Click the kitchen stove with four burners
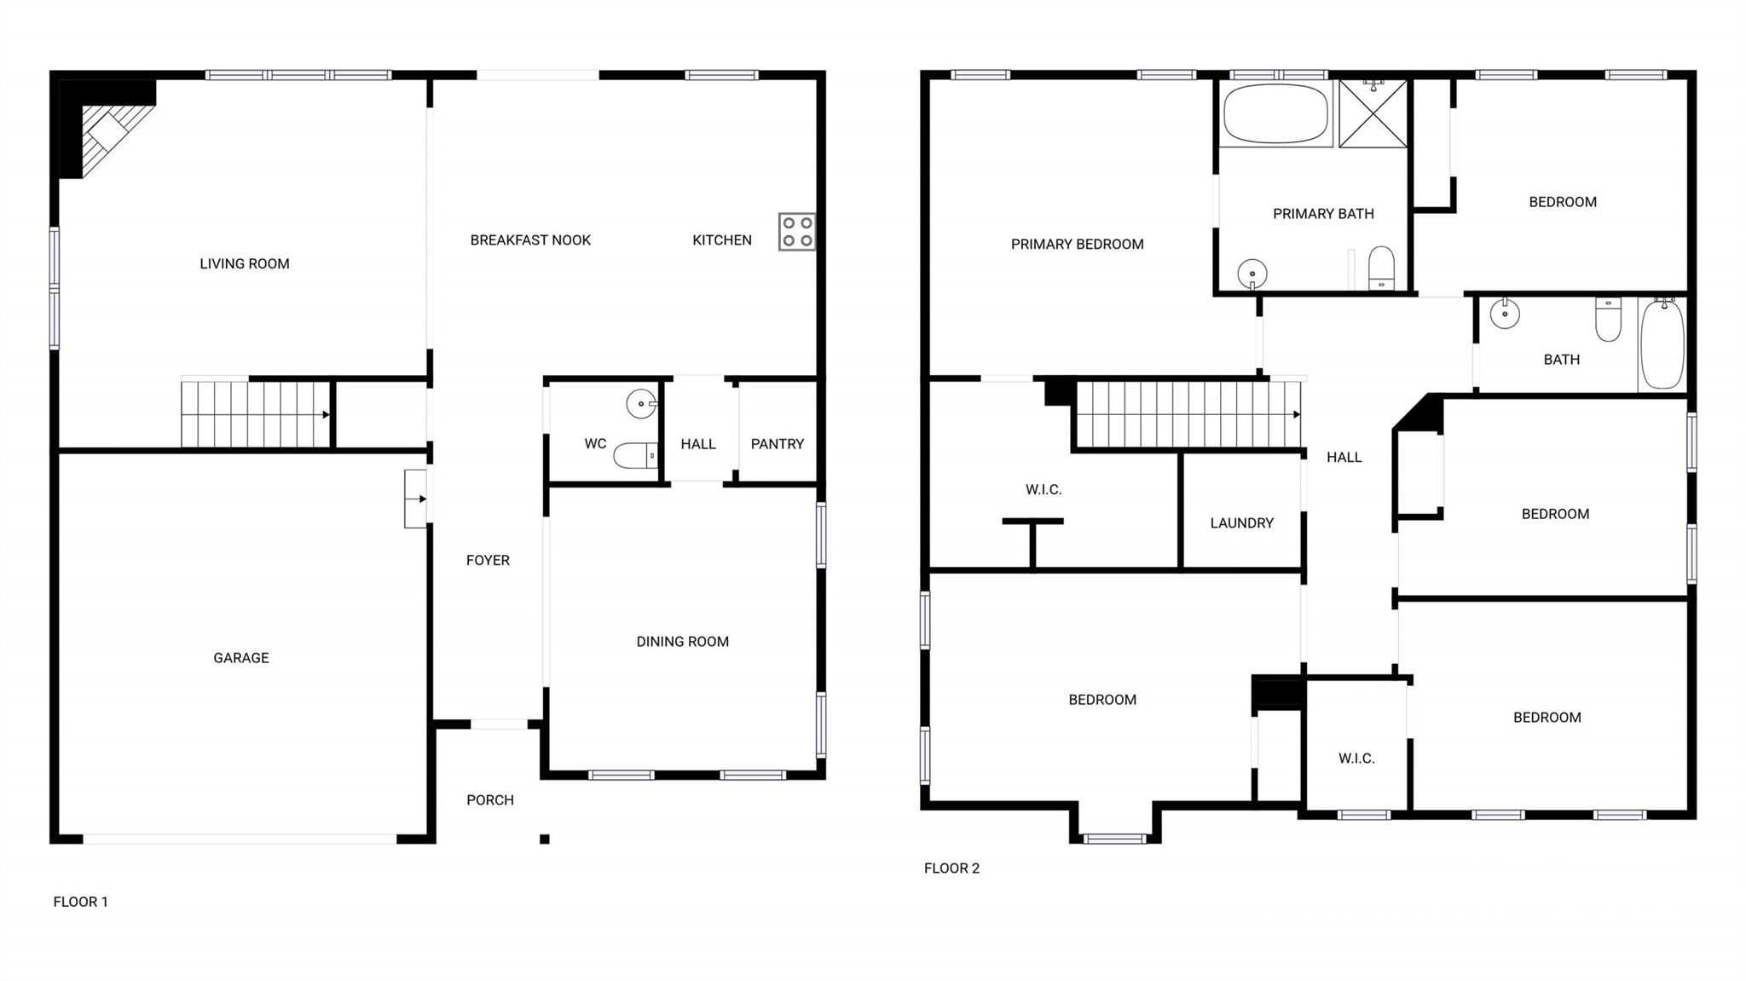(796, 232)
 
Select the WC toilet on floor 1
(636, 455)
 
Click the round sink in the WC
(642, 404)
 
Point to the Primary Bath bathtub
(1275, 114)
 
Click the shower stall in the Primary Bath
(1373, 114)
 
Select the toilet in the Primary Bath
(1381, 268)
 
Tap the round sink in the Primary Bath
(1252, 274)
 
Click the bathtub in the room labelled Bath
(1662, 343)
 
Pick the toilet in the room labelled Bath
(1608, 319)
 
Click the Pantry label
(778, 444)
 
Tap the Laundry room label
(1241, 523)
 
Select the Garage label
(241, 658)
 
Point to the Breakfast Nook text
(530, 240)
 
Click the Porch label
(490, 800)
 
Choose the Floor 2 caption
(952, 868)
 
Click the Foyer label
(488, 561)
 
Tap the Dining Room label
(683, 642)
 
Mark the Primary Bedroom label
(1078, 245)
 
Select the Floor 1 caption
(81, 902)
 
